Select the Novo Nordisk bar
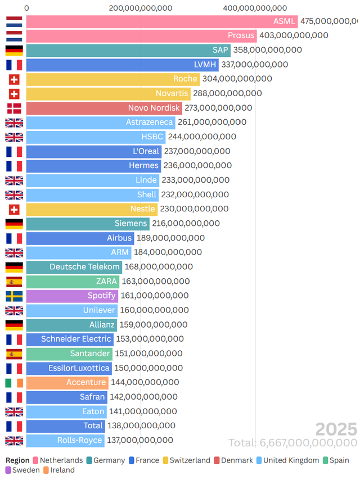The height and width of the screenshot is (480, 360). point(104,108)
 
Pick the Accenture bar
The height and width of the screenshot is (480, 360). point(67,382)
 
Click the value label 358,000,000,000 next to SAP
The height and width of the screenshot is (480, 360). point(267,50)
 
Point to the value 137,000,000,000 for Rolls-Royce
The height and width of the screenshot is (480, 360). point(139,440)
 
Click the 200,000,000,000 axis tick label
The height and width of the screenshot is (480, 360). point(141,8)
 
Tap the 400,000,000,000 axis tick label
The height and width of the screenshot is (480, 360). point(255,8)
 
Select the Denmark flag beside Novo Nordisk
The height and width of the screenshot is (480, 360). point(14,108)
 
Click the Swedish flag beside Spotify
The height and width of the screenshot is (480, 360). point(14,296)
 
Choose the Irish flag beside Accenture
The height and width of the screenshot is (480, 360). point(14,382)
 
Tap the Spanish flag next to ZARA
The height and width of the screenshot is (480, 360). point(14,281)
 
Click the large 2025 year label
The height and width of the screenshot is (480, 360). point(336,429)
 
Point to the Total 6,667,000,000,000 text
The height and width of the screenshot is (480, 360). point(292,443)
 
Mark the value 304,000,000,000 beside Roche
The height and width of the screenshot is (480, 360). point(237,79)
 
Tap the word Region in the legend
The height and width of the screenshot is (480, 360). point(17,460)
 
